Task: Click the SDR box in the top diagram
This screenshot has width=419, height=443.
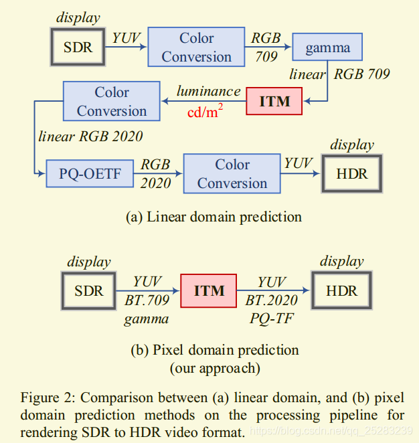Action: pyautogui.click(x=78, y=48)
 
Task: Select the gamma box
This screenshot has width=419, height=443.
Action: pyautogui.click(x=327, y=48)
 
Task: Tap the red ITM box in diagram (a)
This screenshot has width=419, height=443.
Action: pyautogui.click(x=274, y=102)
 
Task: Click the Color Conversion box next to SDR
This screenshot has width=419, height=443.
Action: pyautogui.click(x=196, y=48)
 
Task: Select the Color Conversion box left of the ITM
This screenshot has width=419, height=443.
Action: pyautogui.click(x=111, y=102)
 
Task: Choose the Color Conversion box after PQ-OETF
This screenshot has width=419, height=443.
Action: pyautogui.click(x=232, y=174)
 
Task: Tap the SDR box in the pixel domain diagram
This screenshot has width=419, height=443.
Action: pyautogui.click(x=89, y=291)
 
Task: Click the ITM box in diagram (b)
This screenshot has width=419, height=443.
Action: pyautogui.click(x=208, y=291)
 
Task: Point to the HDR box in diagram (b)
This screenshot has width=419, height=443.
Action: pyautogui.click(x=341, y=291)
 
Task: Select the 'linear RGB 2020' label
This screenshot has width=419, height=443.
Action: pyautogui.click(x=90, y=137)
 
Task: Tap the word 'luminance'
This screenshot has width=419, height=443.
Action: pyautogui.click(x=208, y=91)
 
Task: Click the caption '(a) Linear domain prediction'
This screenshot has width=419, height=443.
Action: pyautogui.click(x=214, y=217)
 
